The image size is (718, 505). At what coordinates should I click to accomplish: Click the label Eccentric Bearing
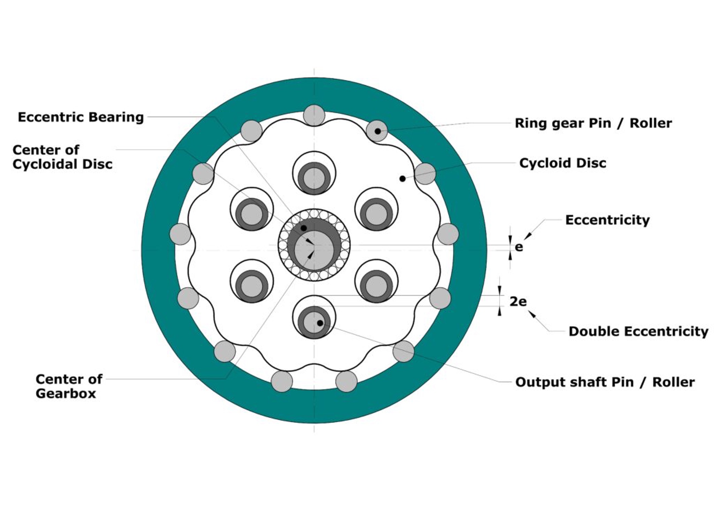pyautogui.click(x=81, y=117)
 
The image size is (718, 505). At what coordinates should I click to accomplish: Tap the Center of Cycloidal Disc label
pyautogui.click(x=63, y=157)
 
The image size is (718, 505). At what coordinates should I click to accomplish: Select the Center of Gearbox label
pyautogui.click(x=69, y=386)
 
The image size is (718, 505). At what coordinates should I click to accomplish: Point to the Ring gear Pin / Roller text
pyautogui.click(x=593, y=123)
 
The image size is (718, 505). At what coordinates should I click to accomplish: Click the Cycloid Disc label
pyautogui.click(x=562, y=163)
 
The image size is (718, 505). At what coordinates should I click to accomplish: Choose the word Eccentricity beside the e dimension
pyautogui.click(x=607, y=220)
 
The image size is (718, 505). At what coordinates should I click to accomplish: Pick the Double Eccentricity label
pyautogui.click(x=638, y=331)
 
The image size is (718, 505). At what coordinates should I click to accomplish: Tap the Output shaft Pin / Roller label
pyautogui.click(x=605, y=382)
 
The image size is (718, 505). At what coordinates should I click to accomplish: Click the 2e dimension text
pyautogui.click(x=518, y=301)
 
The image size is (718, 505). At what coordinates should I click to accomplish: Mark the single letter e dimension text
pyautogui.click(x=519, y=247)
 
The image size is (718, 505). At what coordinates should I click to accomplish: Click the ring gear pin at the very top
pyautogui.click(x=314, y=115)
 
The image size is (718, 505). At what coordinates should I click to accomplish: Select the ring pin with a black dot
pyautogui.click(x=377, y=131)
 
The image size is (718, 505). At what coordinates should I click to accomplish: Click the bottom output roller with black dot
pyautogui.click(x=314, y=322)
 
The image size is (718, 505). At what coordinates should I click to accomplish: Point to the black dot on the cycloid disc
pyautogui.click(x=402, y=178)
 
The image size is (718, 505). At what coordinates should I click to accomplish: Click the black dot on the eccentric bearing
pyautogui.click(x=303, y=228)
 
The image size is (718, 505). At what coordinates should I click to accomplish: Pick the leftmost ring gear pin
pyautogui.click(x=180, y=234)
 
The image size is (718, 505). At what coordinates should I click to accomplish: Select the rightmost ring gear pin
pyautogui.click(x=448, y=234)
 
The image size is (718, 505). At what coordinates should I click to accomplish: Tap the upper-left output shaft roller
pyautogui.click(x=252, y=214)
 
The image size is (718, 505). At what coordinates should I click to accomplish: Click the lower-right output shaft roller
pyautogui.click(x=376, y=286)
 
